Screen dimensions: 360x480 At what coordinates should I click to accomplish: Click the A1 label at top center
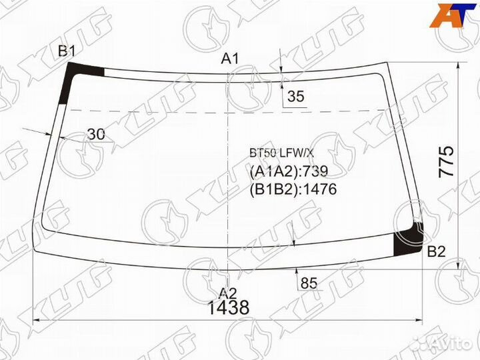[230, 59]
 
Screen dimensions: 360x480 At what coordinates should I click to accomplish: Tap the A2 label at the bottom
[228, 292]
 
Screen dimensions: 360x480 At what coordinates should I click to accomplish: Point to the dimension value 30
[96, 135]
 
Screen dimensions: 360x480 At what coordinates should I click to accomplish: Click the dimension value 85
[309, 283]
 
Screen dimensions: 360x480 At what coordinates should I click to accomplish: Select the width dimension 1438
[228, 308]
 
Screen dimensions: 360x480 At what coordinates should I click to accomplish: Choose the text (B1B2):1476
[293, 189]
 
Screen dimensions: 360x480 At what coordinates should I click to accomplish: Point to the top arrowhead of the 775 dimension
[458, 67]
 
